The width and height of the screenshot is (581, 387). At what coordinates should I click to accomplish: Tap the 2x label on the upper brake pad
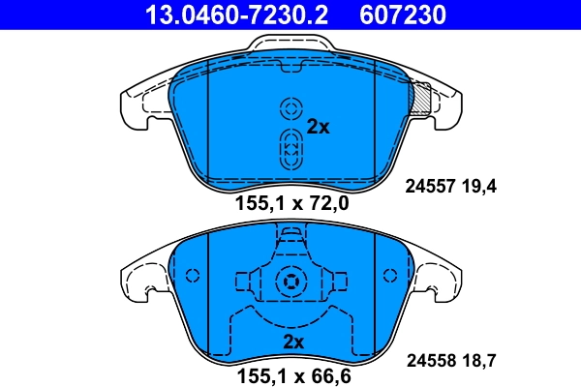319,126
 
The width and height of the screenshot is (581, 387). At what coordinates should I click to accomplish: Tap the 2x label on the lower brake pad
293,342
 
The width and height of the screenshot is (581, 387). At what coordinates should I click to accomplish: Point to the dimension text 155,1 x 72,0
291,203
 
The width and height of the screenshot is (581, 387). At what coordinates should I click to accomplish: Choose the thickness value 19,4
479,187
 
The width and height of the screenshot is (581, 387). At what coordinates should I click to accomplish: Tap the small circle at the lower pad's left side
191,275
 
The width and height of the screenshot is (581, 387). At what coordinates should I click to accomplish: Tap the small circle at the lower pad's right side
391,275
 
